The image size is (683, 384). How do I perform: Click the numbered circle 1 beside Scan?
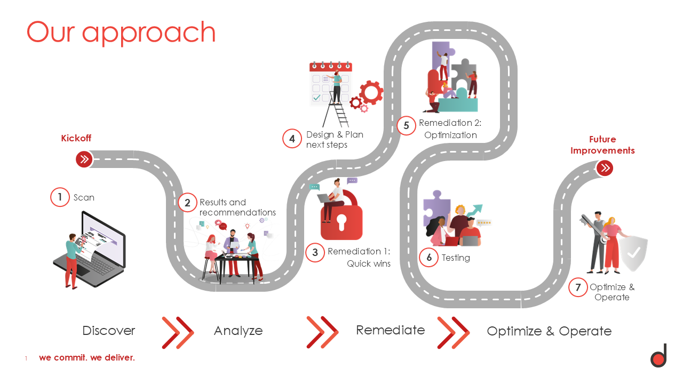60,197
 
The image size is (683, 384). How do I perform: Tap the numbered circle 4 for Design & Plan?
292,139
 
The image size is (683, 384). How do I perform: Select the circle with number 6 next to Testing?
428,258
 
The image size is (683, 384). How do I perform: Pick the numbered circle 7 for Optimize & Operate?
578,287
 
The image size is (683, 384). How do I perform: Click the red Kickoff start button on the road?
84,159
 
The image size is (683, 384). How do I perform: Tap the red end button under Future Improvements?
605,168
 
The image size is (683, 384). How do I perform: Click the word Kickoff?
76,138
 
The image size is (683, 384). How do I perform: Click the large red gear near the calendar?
371,93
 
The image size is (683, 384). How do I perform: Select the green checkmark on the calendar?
316,98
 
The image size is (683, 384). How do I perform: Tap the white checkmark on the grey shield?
633,253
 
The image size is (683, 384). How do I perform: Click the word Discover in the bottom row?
109,331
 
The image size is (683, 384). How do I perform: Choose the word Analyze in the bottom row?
238,331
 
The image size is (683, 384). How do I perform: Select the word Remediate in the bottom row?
390,330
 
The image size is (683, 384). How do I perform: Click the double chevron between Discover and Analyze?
178,333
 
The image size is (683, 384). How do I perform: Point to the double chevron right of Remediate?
454,333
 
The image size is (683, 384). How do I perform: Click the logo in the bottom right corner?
658,355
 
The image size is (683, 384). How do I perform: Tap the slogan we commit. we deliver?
87,357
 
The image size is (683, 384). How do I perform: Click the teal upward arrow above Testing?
474,210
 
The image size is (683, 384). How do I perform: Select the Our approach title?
121,33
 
